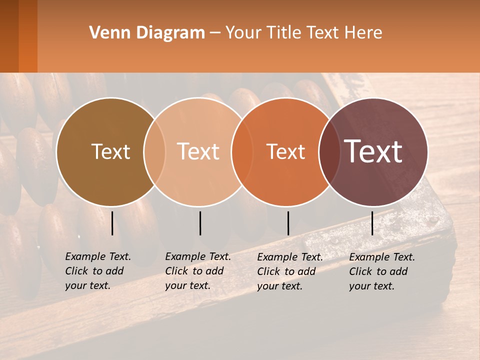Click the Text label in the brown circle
[110, 151]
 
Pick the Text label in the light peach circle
[198, 151]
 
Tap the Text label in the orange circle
[285, 152]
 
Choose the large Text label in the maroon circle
[373, 151]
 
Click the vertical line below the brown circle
[112, 223]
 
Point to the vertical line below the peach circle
[200, 223]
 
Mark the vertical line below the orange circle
[288, 223]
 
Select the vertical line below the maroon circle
[372, 223]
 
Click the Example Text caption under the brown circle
[98, 271]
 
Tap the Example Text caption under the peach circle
[198, 271]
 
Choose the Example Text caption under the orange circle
[290, 271]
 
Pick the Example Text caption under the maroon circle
[382, 271]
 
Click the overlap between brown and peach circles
[154, 151]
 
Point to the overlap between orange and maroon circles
[327, 151]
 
